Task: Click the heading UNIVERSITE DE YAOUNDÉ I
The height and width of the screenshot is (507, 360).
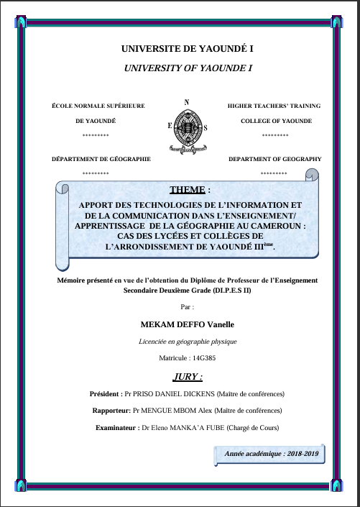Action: (x=188, y=50)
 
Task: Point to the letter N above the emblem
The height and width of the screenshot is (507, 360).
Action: (x=187, y=102)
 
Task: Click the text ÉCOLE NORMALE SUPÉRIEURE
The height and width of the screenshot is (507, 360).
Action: (x=98, y=106)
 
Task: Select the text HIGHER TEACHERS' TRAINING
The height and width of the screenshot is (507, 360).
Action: (x=274, y=106)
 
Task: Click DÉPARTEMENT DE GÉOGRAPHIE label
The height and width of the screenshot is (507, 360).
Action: (x=101, y=158)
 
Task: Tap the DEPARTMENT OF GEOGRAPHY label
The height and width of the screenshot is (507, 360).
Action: (x=275, y=158)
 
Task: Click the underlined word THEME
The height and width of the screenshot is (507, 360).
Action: (x=188, y=190)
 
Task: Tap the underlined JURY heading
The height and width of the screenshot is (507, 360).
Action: (x=188, y=376)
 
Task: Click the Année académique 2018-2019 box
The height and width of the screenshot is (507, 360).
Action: (x=270, y=454)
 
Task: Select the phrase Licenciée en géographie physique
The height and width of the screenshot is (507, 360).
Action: (x=188, y=342)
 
